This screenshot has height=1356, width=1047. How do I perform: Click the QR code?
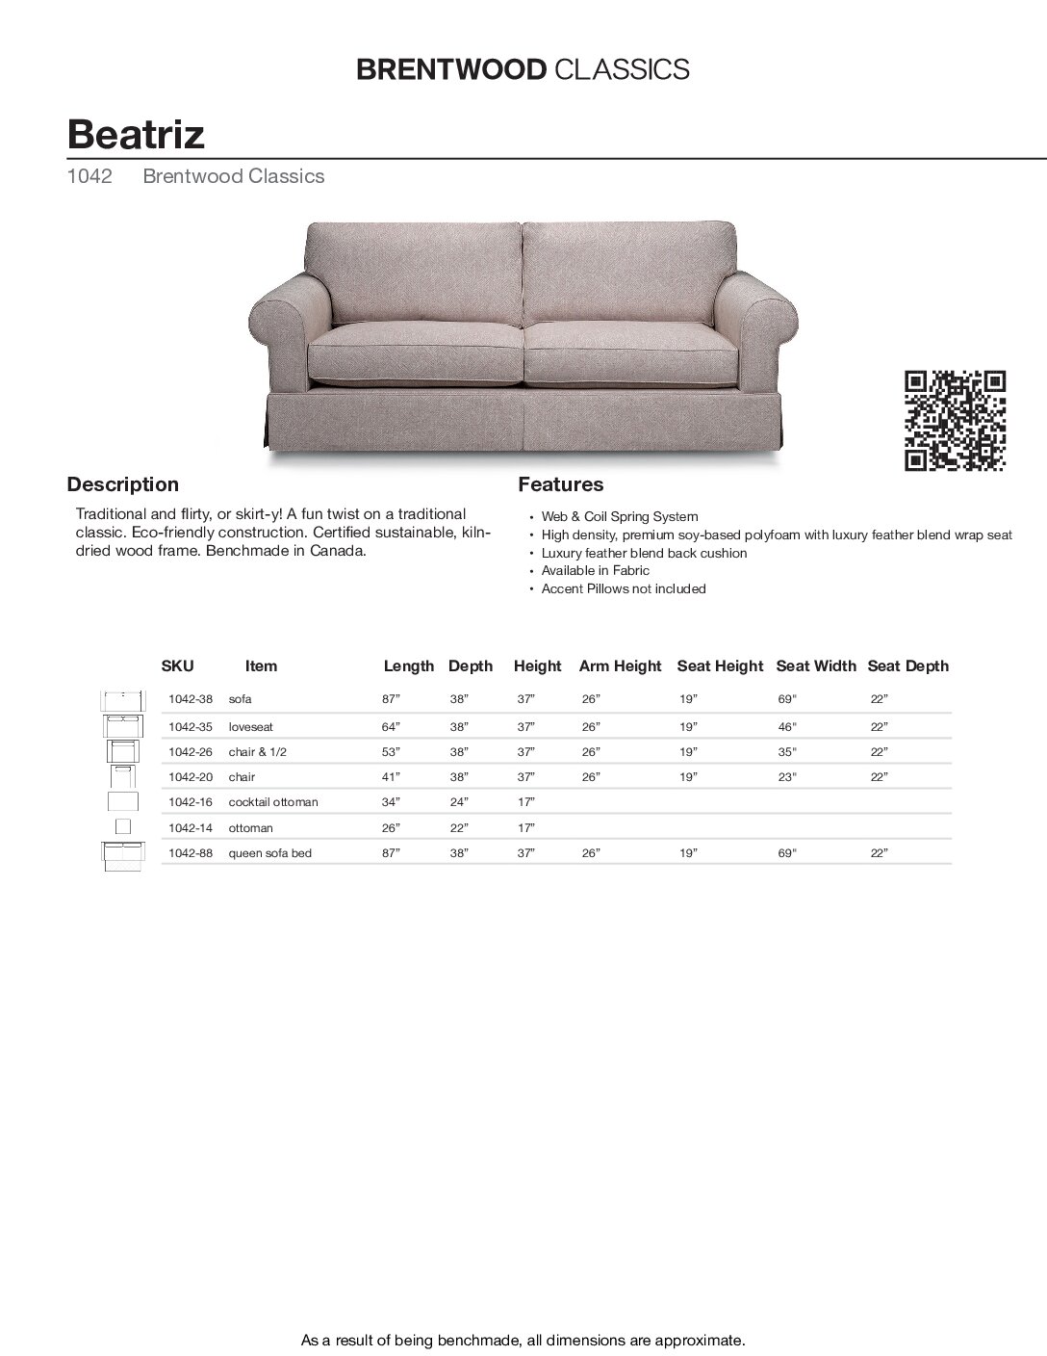click(955, 421)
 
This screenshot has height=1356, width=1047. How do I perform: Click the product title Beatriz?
click(136, 133)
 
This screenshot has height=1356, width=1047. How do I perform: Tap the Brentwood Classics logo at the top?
click(523, 69)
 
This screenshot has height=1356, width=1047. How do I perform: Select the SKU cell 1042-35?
click(191, 726)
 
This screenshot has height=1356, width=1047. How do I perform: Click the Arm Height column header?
click(620, 665)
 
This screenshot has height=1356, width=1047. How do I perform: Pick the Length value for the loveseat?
click(391, 726)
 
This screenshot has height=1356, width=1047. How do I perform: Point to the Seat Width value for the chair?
click(787, 776)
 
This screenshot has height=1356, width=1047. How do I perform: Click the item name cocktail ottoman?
click(272, 801)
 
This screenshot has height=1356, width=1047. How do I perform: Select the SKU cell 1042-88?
click(191, 852)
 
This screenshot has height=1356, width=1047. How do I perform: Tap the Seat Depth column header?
click(907, 665)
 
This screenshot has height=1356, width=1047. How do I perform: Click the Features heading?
click(560, 484)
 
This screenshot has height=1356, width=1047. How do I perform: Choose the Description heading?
click(122, 484)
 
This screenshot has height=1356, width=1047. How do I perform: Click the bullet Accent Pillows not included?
click(623, 588)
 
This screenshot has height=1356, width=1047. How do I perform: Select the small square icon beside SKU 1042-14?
click(122, 826)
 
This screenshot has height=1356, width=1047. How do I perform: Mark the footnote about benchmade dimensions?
click(523, 1340)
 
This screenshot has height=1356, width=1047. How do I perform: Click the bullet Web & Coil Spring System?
click(619, 516)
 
